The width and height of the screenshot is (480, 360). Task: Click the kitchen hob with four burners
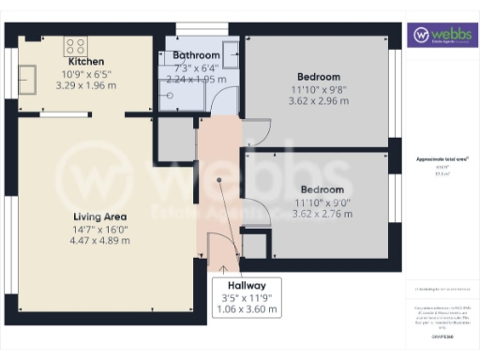(x=75, y=44)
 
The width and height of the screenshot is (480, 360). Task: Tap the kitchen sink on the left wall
(x=26, y=78)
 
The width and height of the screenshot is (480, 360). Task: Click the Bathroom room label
(x=196, y=56)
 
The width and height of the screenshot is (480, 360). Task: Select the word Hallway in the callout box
(x=247, y=286)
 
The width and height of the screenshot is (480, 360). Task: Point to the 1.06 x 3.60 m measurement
(x=247, y=308)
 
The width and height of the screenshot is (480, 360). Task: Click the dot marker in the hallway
(x=221, y=184)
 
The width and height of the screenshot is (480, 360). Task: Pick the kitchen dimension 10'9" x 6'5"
(x=86, y=73)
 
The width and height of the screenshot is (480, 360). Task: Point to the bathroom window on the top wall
(x=196, y=28)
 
